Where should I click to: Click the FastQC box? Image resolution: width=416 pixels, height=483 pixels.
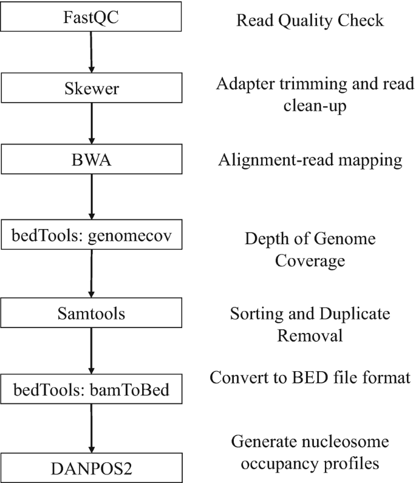click(91, 16)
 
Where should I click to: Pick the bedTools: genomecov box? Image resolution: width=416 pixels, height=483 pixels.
click(91, 237)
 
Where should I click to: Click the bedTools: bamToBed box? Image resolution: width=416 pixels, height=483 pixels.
click(91, 389)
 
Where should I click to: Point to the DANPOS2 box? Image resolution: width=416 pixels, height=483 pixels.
click(91, 468)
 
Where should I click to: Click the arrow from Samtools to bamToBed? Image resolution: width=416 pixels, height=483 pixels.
click(91, 351)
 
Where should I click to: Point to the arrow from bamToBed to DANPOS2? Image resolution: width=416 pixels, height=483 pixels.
click(91, 428)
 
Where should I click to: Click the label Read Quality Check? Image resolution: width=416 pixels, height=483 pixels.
click(310, 21)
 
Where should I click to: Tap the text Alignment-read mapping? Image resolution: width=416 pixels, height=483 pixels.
click(310, 160)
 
